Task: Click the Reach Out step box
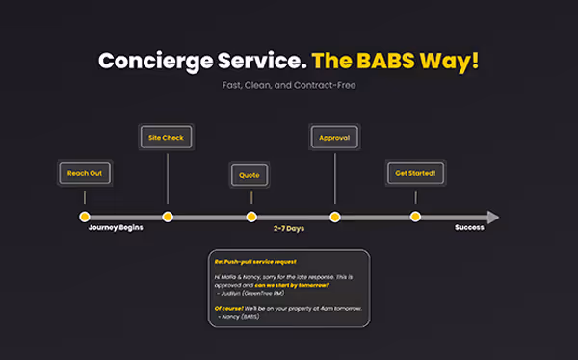click(84, 173)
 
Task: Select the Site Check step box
click(167, 138)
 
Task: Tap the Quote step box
click(250, 175)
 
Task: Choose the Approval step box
click(334, 138)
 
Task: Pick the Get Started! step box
click(415, 173)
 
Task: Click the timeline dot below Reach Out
click(84, 217)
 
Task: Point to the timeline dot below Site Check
click(168, 217)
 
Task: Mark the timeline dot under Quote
click(250, 217)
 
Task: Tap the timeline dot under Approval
click(334, 217)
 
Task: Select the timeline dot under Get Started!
click(415, 217)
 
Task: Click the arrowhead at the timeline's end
click(493, 217)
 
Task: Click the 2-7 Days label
click(289, 229)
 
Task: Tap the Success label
click(470, 229)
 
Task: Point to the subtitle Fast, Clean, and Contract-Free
click(289, 86)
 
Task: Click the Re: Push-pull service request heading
click(255, 261)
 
